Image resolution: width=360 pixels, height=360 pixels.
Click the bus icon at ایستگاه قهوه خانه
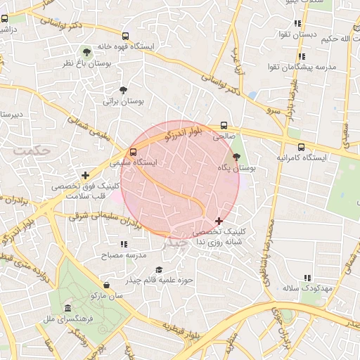(125, 36)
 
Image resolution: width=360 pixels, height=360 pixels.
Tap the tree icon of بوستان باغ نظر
(86, 52)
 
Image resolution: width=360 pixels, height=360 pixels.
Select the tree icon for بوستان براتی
(124, 90)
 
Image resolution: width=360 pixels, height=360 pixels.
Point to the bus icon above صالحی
(224, 120)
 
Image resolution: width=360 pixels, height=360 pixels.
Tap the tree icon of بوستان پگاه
(235, 157)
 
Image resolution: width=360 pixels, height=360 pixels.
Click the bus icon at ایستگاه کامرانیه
(301, 147)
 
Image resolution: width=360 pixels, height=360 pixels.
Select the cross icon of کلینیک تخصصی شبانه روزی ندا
(219, 221)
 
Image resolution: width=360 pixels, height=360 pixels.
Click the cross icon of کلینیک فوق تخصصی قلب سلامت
(86, 175)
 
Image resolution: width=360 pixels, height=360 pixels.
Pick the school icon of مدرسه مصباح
(124, 244)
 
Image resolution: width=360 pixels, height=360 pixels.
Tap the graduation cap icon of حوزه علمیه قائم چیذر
(158, 270)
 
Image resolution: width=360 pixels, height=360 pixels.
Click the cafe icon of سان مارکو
(106, 285)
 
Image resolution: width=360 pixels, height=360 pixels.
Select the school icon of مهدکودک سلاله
(305, 278)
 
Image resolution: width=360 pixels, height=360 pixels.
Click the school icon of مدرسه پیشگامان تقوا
(301, 56)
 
